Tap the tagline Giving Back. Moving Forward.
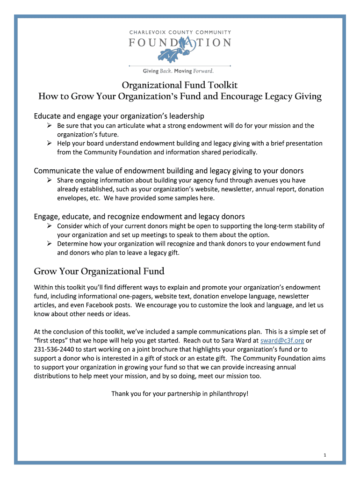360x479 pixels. coord(178,71)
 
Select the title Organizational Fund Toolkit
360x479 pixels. coord(180,85)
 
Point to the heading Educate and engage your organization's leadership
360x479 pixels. coord(119,116)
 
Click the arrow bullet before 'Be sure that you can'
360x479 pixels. coord(49,125)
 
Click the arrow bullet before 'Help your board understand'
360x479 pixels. coord(49,143)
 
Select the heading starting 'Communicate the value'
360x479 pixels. coord(169,170)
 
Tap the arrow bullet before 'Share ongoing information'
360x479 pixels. coord(49,180)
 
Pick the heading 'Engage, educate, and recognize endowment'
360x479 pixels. coord(139,217)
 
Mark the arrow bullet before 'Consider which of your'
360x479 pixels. coord(49,226)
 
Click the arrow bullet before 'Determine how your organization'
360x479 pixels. coord(49,244)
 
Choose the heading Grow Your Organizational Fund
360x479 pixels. coord(99,271)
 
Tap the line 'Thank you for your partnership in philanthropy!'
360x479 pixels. coord(180,393)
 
